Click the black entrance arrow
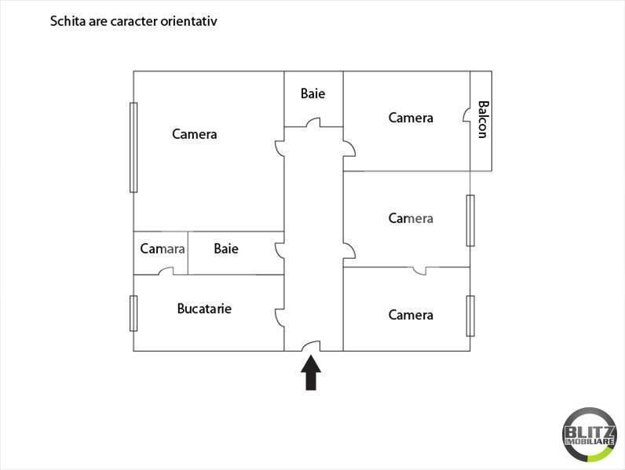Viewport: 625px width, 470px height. tap(312, 373)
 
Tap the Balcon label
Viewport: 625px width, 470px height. tap(482, 118)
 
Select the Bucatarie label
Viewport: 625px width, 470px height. tap(204, 308)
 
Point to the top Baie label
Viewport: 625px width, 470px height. tap(312, 93)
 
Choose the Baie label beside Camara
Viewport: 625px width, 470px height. tap(226, 249)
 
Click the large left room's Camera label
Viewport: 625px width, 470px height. tap(195, 134)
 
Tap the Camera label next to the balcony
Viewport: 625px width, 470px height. tap(411, 118)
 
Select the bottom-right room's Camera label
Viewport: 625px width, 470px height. tap(411, 315)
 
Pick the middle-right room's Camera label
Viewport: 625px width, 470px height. tap(411, 218)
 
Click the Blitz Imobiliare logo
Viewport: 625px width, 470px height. tap(589, 435)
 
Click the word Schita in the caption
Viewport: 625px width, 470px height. tap(68, 21)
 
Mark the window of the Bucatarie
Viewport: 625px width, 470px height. tap(133, 313)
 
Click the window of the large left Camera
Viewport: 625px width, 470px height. tap(133, 147)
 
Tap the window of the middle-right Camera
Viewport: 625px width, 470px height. tap(470, 220)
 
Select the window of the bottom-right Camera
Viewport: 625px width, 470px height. tap(470, 315)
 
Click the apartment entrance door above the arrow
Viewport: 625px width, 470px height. tap(312, 346)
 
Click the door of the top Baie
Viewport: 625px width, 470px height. tap(313, 122)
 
